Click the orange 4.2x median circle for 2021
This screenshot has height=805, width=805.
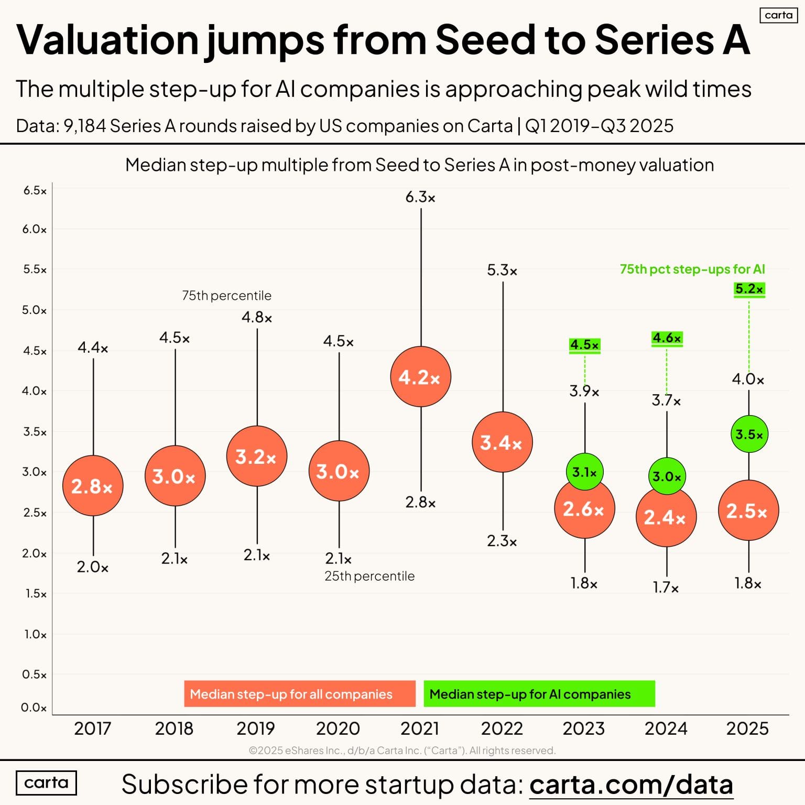click(x=420, y=377)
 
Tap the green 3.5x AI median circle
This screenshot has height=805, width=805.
click(x=749, y=434)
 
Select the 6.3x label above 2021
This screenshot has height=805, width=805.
click(x=420, y=198)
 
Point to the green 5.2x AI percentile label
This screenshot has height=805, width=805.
click(x=749, y=289)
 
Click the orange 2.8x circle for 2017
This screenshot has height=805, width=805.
click(x=93, y=486)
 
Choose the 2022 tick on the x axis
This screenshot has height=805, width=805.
click(x=502, y=728)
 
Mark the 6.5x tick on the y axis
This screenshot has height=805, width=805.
click(x=35, y=191)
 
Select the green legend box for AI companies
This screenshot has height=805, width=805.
click(x=539, y=694)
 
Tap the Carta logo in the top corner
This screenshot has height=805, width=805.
click(x=778, y=15)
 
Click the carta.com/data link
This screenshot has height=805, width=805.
click(x=631, y=785)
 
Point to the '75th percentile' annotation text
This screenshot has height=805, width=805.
click(x=226, y=296)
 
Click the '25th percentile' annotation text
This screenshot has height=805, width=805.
click(x=369, y=576)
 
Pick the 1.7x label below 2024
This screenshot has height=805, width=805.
click(x=666, y=588)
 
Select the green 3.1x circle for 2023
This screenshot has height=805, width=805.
click(x=584, y=472)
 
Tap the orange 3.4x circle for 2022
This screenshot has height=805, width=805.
click(x=502, y=442)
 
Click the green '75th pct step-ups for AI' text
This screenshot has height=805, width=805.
click(x=692, y=269)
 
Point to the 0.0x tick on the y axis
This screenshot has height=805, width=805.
click(x=34, y=708)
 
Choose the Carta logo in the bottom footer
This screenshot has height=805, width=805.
click(x=46, y=783)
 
